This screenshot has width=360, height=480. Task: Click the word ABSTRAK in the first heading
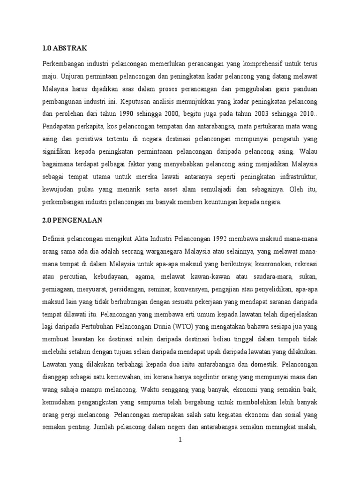[x=72, y=48]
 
